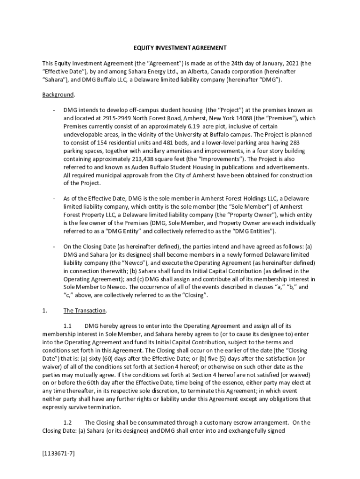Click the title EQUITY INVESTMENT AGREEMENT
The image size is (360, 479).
click(x=180, y=48)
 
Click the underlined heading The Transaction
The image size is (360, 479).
click(x=85, y=311)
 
